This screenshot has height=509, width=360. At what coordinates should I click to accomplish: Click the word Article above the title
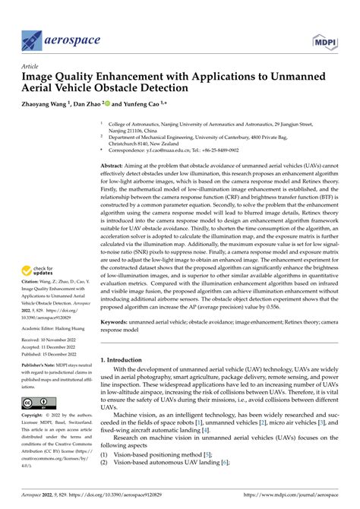click(x=30, y=66)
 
